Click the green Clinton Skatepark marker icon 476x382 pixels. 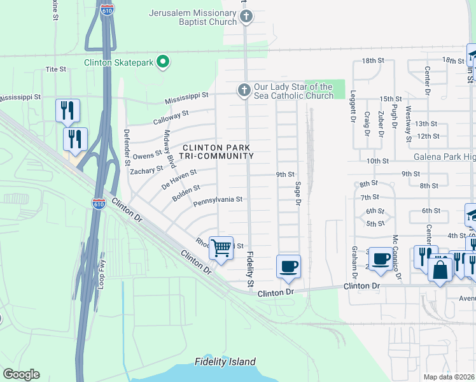click(163, 62)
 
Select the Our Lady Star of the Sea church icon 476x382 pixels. click(244, 90)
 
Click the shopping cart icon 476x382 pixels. click(221, 247)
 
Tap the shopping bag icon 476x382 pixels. click(440, 269)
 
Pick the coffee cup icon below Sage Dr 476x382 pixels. click(288, 265)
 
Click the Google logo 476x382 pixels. click(20, 374)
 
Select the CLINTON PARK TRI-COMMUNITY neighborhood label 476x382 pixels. click(218, 152)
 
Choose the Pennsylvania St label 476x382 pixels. click(218, 199)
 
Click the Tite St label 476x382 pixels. click(56, 69)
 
